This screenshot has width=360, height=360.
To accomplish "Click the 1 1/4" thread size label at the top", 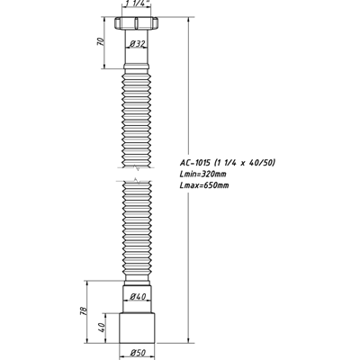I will [139, 5].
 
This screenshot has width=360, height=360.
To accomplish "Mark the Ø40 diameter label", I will [138, 297].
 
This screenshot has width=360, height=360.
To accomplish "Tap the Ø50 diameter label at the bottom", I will [139, 352].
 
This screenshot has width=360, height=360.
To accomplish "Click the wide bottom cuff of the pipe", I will [139, 328].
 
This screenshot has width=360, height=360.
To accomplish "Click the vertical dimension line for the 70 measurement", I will [111, 40].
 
